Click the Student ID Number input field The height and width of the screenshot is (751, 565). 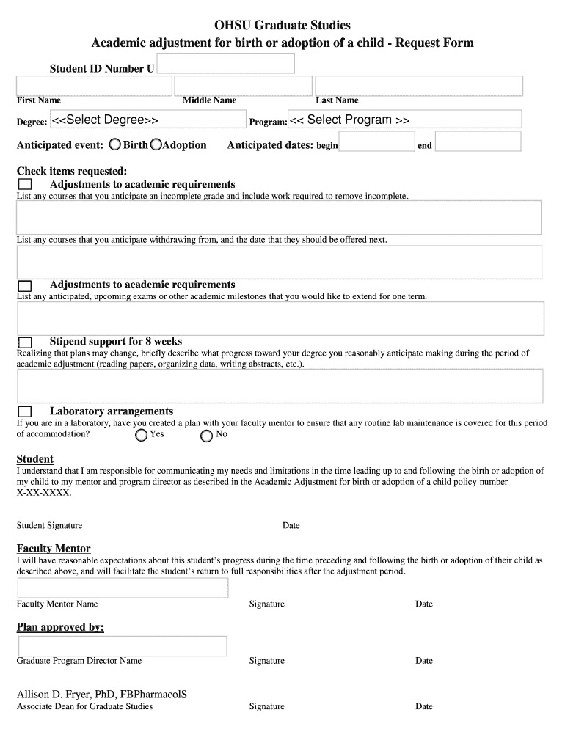(225, 64)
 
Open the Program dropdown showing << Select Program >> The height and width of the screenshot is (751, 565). (404, 120)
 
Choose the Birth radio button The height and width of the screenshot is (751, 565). (116, 144)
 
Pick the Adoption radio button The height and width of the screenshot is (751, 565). (156, 144)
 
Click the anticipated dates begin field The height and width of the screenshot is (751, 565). (377, 142)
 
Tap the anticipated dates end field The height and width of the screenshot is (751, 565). (478, 142)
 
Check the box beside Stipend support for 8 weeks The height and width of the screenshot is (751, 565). (25, 342)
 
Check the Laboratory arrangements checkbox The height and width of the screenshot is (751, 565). (25, 411)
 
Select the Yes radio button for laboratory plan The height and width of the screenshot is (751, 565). (142, 435)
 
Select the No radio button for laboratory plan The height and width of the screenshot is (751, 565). (207, 435)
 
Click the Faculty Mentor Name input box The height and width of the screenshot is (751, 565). (123, 587)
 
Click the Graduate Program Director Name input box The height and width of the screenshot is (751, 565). (122, 645)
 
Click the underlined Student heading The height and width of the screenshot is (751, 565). (35, 459)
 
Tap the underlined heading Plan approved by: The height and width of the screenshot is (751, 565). (60, 627)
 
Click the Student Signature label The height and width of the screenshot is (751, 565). (49, 525)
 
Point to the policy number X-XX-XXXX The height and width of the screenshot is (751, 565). (44, 493)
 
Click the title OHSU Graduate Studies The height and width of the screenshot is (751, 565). (282, 26)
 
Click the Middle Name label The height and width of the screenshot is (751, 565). (210, 100)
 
